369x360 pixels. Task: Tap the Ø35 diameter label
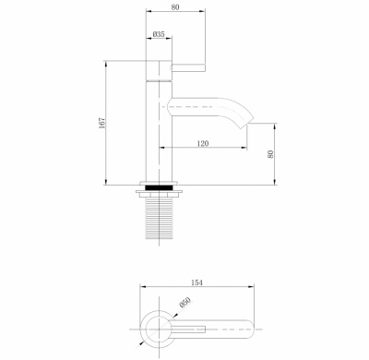[159, 35]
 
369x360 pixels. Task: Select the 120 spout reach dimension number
[202, 144]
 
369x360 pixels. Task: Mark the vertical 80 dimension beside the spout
[271, 155]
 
